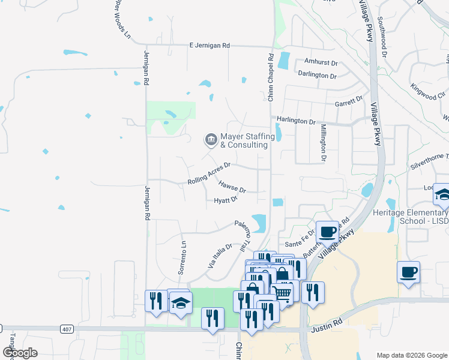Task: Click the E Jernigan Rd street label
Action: click(x=209, y=45)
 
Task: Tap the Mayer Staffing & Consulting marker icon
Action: click(x=211, y=140)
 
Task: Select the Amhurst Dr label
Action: click(x=321, y=62)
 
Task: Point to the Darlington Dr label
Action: click(x=317, y=76)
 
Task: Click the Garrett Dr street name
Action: click(x=349, y=102)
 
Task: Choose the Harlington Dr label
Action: click(x=295, y=121)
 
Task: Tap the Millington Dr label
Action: click(x=323, y=143)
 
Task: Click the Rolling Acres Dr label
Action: click(x=209, y=173)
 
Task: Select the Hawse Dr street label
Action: click(x=232, y=187)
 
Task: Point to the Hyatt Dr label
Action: click(x=226, y=200)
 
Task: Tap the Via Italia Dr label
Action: click(x=220, y=256)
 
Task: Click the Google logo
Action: click(x=20, y=353)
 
